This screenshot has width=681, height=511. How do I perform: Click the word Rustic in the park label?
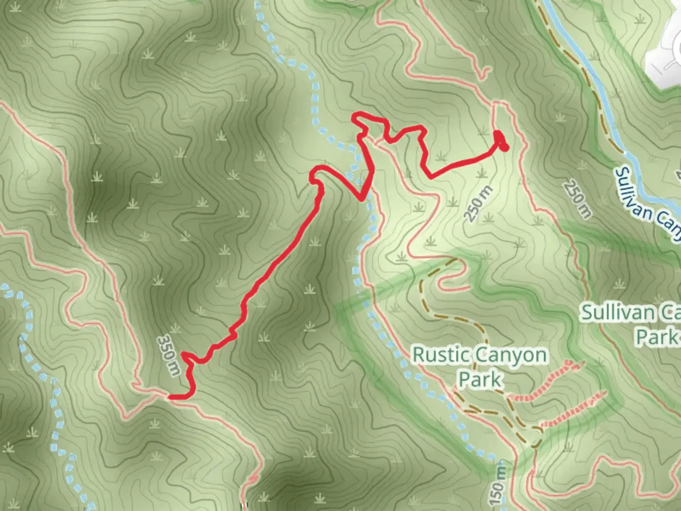point(442,355)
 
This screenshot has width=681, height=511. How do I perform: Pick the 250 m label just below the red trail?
point(478,204)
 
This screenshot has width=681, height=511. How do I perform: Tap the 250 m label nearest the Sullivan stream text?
point(577,199)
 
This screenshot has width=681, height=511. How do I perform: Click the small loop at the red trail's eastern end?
point(501,141)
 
